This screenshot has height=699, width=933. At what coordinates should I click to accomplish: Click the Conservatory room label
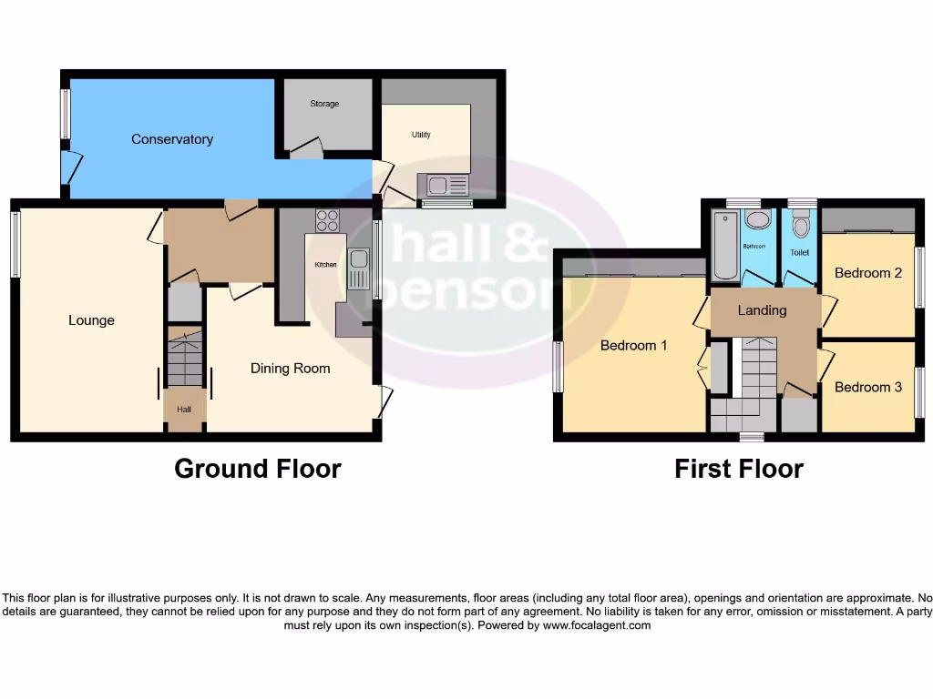(172, 139)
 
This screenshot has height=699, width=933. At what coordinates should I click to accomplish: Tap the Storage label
(324, 104)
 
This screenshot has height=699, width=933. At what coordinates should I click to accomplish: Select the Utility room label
(421, 135)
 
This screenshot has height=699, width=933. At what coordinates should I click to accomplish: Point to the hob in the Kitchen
(327, 221)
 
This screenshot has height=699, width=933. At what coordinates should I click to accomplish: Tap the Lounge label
(91, 320)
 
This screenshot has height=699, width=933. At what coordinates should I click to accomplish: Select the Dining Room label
(291, 369)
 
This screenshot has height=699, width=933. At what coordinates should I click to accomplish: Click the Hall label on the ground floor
(185, 410)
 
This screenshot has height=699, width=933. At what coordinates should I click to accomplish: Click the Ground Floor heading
(258, 469)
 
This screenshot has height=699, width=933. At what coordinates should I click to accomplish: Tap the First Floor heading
(739, 469)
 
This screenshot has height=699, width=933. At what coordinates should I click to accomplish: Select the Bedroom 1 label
(634, 346)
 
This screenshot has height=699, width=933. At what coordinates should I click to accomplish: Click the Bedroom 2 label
(868, 273)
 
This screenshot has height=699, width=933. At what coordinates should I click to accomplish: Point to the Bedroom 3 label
(868, 387)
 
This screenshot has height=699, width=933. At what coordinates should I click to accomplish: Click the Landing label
(762, 310)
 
